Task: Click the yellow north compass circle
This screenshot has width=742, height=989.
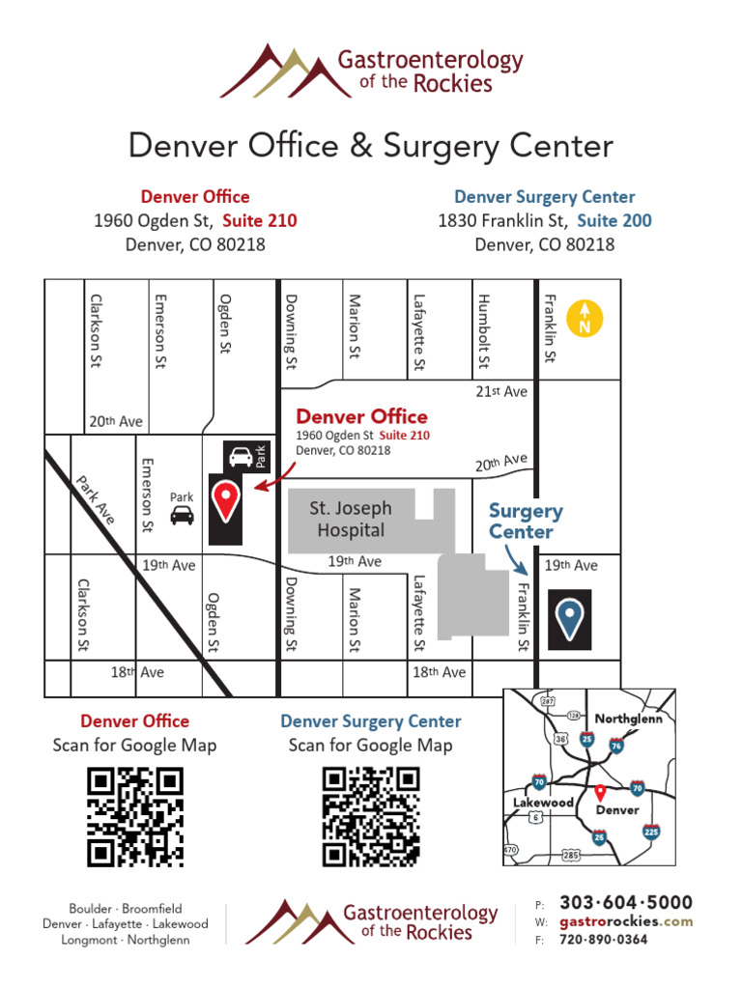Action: click(585, 318)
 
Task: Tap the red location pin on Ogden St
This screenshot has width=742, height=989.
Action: click(226, 500)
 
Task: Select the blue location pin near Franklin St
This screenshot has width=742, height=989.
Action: click(568, 618)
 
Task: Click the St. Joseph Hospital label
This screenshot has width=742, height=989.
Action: click(350, 519)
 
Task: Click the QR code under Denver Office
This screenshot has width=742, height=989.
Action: click(135, 817)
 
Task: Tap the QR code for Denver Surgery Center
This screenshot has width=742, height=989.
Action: click(371, 817)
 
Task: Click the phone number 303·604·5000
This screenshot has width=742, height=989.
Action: click(626, 902)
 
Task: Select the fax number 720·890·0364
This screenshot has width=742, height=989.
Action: click(604, 940)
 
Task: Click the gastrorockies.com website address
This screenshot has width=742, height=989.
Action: click(626, 921)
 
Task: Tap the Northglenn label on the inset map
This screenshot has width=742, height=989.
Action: click(628, 719)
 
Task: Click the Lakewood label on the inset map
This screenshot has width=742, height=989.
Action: click(543, 803)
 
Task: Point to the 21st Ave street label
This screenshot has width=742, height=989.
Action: click(501, 391)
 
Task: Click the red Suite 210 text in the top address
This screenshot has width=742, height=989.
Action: click(260, 220)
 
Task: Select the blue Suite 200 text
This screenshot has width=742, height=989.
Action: click(614, 220)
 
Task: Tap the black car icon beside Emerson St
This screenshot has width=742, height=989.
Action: click(182, 516)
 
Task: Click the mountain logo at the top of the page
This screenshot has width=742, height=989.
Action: click(286, 72)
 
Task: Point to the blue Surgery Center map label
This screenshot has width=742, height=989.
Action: click(525, 522)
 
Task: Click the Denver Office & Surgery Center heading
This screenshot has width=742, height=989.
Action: click(371, 146)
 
